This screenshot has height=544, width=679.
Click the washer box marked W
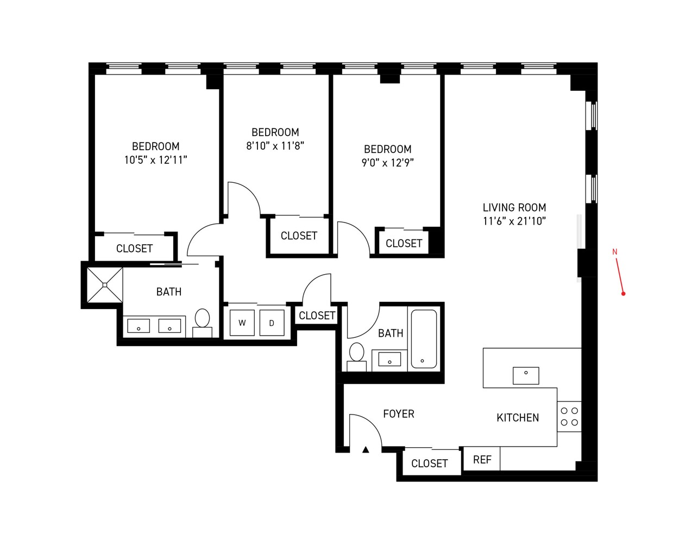[x=242, y=323]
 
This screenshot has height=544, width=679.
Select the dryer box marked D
[x=272, y=323]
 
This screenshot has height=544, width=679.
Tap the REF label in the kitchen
[x=482, y=460]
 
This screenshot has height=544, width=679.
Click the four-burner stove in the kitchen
[x=569, y=417]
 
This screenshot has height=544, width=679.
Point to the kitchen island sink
[x=526, y=375]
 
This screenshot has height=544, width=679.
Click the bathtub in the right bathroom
[x=424, y=339]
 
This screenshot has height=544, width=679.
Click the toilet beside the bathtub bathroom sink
[x=356, y=355]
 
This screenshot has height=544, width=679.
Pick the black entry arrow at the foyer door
[x=366, y=449]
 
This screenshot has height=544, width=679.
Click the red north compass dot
[x=624, y=294]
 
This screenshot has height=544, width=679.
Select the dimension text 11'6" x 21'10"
[x=514, y=221]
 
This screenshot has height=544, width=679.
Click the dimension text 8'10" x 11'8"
[x=275, y=146]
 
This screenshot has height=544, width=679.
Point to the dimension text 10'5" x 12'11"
[x=155, y=160]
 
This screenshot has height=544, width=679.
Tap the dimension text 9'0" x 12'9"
[x=387, y=163]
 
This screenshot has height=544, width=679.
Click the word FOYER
[x=398, y=414]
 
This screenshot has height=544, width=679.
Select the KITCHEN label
[x=518, y=418]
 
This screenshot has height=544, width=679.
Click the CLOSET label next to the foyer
[x=429, y=463]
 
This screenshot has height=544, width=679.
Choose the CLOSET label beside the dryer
[x=317, y=316]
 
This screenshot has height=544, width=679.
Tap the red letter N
[x=615, y=252]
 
